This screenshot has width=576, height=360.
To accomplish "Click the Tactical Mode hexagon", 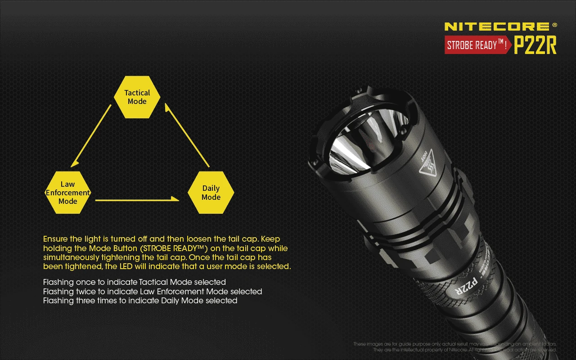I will (137, 97).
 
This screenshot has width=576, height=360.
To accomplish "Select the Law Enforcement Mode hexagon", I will (68, 193).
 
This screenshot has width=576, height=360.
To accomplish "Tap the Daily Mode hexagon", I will (211, 193).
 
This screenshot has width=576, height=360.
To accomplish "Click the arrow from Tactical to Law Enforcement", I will (91, 135).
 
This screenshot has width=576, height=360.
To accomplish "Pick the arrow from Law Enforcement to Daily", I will (137, 200).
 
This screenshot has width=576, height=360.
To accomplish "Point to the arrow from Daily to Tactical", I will (187, 135).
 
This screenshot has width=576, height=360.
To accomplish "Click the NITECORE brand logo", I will (497, 27).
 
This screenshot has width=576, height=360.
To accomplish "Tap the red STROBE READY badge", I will (477, 45).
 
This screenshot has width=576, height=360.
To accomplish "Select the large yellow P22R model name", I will (535, 45).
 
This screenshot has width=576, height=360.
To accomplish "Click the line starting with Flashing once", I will (134, 282).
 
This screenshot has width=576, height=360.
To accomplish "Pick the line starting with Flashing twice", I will (152, 292).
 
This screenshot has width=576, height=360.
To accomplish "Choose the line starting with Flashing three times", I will (140, 301).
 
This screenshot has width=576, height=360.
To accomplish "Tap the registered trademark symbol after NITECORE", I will (554, 25).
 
